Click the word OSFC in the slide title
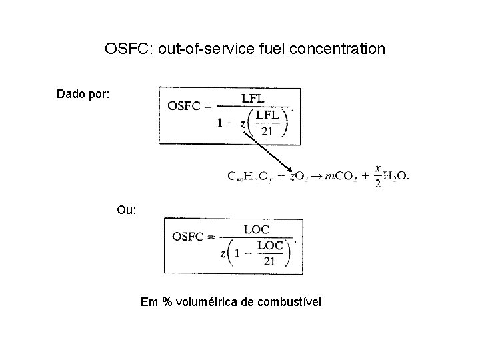[x=127, y=49]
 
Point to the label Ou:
[x=127, y=210]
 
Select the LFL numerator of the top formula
[x=254, y=98]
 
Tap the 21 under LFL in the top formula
[x=267, y=131]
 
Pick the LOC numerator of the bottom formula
[x=257, y=229]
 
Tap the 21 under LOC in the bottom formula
[x=269, y=262]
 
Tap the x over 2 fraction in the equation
[x=378, y=176]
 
